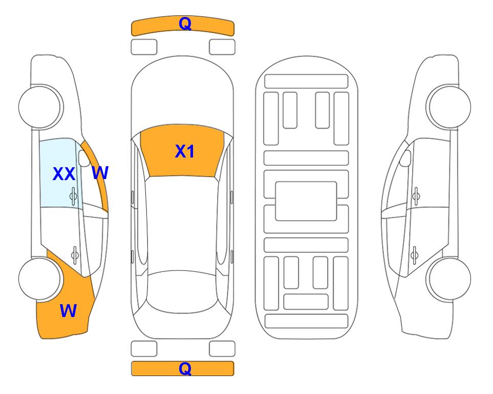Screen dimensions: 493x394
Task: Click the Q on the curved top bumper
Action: [185, 23]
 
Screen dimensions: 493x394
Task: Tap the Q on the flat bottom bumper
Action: [185, 368]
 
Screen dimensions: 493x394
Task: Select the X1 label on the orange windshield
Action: [185, 151]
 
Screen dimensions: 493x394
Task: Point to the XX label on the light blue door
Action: [64, 174]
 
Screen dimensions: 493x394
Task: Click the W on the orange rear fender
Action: [68, 311]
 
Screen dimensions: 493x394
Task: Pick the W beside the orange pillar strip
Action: [100, 173]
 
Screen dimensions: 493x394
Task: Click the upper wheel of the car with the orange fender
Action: [39, 107]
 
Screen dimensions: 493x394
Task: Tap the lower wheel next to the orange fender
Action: [39, 279]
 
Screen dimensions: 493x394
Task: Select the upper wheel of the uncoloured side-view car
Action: [449, 107]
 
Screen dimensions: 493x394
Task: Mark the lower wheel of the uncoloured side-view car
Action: [449, 279]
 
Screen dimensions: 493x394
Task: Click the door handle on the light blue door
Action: [73, 196]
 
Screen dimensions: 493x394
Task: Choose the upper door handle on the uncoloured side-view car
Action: [416, 196]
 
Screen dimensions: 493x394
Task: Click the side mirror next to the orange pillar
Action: [84, 158]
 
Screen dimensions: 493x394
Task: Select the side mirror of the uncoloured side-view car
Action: [405, 158]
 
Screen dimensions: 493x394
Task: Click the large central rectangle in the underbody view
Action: [306, 201]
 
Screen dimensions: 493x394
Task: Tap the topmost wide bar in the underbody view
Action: [306, 82]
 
